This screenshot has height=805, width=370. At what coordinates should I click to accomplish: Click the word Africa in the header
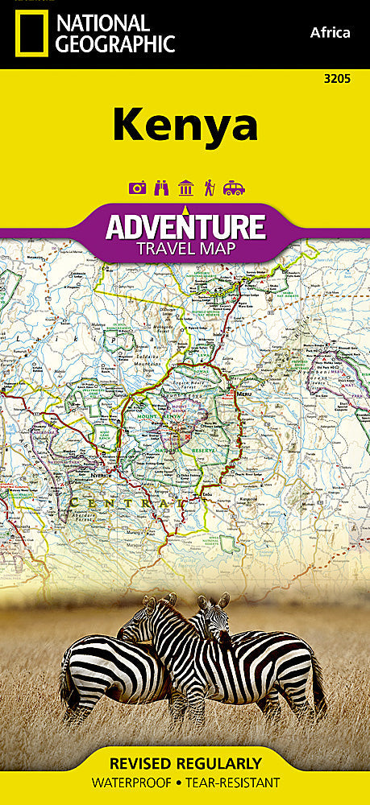[330, 32]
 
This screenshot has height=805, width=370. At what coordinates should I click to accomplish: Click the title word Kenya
[185, 125]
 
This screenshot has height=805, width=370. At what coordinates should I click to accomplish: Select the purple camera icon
[137, 188]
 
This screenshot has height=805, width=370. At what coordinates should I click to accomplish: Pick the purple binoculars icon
[161, 188]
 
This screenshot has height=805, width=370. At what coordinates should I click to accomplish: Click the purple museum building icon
[185, 188]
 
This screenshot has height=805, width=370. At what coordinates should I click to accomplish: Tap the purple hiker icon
[209, 188]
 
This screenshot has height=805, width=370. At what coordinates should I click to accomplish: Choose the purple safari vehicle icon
[234, 188]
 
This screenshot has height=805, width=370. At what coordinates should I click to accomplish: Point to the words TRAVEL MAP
[185, 249]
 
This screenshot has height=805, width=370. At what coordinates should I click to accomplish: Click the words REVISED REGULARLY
[185, 763]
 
